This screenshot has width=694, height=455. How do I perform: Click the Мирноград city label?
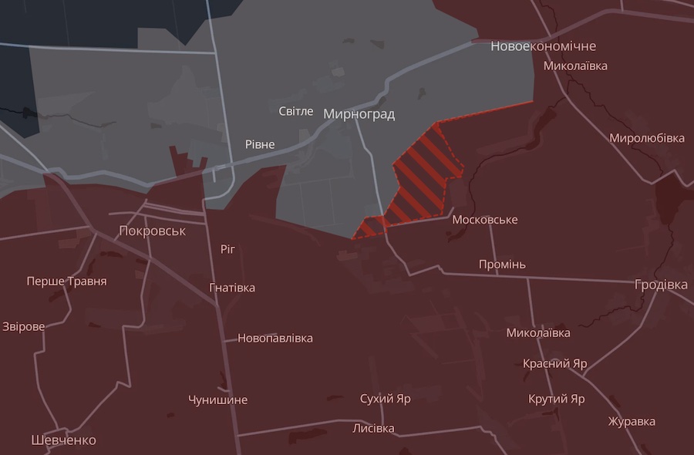click(x=359, y=114)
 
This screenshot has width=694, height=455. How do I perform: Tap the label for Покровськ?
click(x=153, y=231)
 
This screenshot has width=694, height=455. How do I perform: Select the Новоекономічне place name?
click(x=543, y=46)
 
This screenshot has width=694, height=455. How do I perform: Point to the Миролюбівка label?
click(x=646, y=138)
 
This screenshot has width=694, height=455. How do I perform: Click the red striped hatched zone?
click(x=420, y=177)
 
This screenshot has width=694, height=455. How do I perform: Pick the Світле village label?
click(x=296, y=111)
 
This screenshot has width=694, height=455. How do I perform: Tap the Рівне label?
click(x=260, y=144)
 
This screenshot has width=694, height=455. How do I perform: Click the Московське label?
click(x=484, y=220)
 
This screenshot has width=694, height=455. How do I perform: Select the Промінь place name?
click(x=502, y=265)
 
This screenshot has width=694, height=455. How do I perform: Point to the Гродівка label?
click(x=661, y=285)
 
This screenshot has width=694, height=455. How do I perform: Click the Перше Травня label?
click(x=66, y=281)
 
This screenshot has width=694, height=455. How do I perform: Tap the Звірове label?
click(x=24, y=326)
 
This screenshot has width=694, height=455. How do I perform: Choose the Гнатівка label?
click(x=232, y=288)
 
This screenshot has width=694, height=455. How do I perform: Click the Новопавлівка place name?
click(x=275, y=338)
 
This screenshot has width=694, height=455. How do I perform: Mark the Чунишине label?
click(x=217, y=399)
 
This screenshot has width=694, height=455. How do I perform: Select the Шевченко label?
click(x=64, y=440)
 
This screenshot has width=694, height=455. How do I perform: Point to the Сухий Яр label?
click(x=385, y=399)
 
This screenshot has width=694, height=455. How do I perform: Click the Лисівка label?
click(x=373, y=428)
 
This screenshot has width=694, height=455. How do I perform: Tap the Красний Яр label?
click(x=554, y=363)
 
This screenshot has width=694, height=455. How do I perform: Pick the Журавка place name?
click(x=632, y=421)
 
